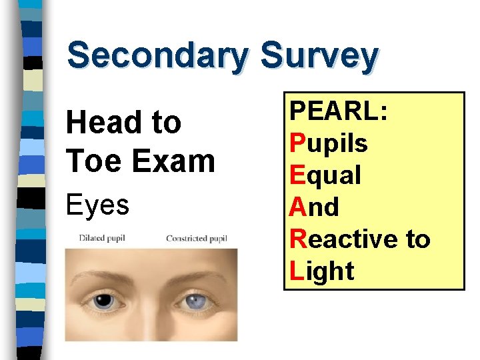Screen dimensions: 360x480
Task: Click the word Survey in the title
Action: [x=320, y=56]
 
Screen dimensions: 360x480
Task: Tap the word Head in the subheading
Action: [x=100, y=123]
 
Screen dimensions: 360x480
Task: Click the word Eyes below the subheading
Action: [x=97, y=205]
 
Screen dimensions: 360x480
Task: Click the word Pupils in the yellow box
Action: [x=328, y=143]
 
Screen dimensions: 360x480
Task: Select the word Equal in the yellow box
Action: [x=325, y=175]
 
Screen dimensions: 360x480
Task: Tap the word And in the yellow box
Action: [x=314, y=207]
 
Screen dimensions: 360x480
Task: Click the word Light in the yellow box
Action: [x=322, y=271]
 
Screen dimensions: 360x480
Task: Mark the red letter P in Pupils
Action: [x=298, y=143]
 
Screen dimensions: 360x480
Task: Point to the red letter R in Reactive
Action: [x=299, y=239]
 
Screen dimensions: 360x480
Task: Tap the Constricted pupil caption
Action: [x=197, y=238]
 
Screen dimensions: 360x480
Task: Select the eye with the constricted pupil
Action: [x=198, y=302]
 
